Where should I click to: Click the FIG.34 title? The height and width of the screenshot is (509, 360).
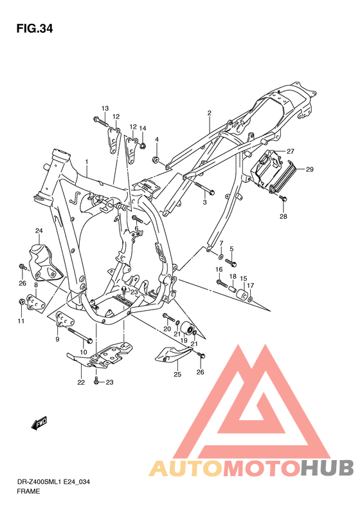point(35,28)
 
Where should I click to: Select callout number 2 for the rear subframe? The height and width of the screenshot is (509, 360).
point(191,113)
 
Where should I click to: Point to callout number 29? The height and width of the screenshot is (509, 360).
point(309,169)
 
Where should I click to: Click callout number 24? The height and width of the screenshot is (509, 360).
point(39,230)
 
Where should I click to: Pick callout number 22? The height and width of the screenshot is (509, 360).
point(81,383)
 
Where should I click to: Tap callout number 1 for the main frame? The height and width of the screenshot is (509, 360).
point(86,162)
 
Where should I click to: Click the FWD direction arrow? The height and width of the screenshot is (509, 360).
point(42,423)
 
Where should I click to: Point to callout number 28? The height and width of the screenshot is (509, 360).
point(283,217)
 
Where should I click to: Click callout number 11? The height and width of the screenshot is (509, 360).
point(20,321)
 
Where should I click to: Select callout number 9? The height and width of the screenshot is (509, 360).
point(58,338)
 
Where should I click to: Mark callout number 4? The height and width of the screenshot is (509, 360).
point(156,140)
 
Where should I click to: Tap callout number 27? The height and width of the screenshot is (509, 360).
point(290,151)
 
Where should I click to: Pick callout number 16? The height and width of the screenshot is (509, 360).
point(219,269)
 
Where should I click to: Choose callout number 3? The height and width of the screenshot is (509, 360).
point(205,203)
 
